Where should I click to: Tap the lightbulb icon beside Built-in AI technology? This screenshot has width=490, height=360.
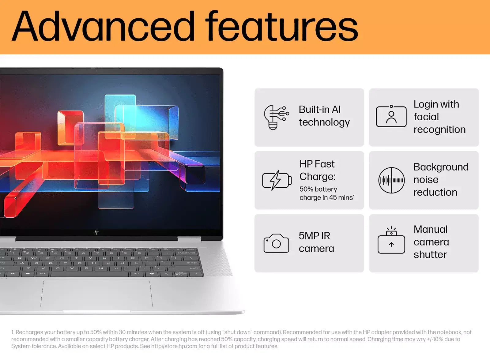point(276,117)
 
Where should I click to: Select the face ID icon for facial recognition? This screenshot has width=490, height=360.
point(391,116)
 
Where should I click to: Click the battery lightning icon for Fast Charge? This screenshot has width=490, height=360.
point(277,180)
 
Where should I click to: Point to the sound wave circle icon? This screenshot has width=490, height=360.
point(391,180)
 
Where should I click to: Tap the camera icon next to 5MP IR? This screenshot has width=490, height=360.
point(276,243)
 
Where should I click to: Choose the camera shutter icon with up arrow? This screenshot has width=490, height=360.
point(391,241)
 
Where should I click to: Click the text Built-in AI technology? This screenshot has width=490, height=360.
point(324,116)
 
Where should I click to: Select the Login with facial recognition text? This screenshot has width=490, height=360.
point(439,117)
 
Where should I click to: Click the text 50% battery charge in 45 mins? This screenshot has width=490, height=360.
point(326,193)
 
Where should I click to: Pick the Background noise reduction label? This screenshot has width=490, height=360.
point(440,179)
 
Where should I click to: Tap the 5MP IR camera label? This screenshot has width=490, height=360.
point(316,242)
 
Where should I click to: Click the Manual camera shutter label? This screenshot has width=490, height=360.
point(431,242)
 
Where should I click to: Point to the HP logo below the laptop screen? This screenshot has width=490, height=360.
point(96,232)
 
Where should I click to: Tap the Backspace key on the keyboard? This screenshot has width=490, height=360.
point(186,253)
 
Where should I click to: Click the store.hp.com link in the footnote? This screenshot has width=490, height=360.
point(174,346)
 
